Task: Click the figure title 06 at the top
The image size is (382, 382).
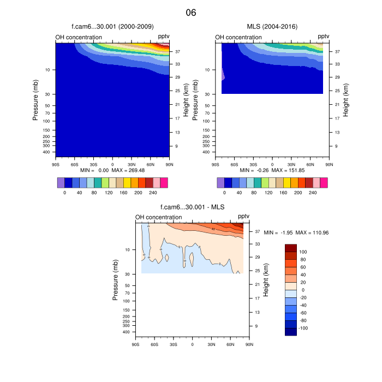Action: [190, 13]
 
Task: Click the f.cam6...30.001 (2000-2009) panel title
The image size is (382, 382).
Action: [112, 26]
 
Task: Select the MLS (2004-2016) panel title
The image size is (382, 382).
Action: [272, 26]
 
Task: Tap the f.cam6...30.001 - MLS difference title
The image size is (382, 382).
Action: [193, 207]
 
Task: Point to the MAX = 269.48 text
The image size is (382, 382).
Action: [128, 170]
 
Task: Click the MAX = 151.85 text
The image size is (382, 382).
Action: [288, 170]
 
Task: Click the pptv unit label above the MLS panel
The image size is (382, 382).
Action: [324, 37]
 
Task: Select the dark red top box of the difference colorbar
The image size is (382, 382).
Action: [291, 248]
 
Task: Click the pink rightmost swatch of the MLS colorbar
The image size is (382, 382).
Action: [324, 182]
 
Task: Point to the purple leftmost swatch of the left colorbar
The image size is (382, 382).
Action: [61, 182]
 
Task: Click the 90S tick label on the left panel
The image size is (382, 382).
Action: [56, 164]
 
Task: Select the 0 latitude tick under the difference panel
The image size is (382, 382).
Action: [192, 344]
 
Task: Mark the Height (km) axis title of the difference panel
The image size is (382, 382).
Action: [266, 279]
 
